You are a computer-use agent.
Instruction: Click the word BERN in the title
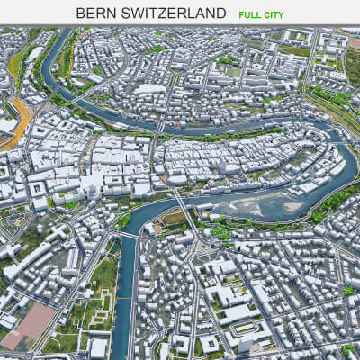(95, 13)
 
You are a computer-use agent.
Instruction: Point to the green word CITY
(283, 14)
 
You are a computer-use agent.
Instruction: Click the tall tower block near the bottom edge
(97, 346)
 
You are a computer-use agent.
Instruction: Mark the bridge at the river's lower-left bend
(129, 235)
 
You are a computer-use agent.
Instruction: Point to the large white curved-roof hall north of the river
(148, 89)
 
